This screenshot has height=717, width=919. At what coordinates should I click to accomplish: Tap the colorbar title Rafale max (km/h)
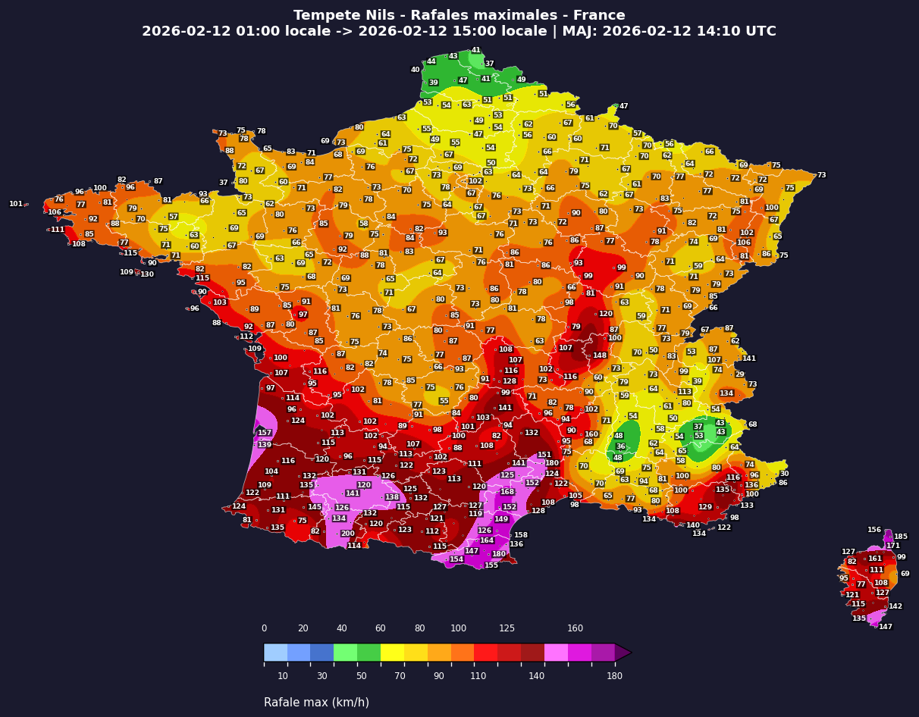tap(316, 703)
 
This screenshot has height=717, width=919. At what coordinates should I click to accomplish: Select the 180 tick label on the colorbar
tap(614, 676)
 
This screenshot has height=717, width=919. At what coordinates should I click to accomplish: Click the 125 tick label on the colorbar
tap(507, 628)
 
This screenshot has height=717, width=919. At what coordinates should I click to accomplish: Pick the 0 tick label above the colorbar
tap(264, 628)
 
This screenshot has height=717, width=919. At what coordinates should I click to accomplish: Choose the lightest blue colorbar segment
tap(275, 652)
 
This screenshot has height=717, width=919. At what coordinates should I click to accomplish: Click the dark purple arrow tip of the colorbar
tap(623, 652)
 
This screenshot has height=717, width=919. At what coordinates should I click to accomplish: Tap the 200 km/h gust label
tap(347, 534)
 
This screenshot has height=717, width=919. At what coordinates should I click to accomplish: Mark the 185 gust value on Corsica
tap(901, 537)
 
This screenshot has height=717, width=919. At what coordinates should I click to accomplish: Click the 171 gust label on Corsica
tap(893, 546)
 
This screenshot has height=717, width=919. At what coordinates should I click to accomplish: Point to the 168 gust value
tap(507, 492)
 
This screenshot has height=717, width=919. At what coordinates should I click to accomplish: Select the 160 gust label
tap(591, 434)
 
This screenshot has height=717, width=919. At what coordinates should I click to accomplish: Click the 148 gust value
tap(600, 355)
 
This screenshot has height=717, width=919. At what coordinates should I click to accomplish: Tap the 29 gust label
tap(739, 374)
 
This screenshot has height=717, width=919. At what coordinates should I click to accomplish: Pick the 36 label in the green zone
tap(620, 446)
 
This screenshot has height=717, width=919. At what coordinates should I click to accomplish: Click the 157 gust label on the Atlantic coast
tap(265, 433)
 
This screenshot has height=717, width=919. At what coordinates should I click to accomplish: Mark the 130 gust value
tap(147, 274)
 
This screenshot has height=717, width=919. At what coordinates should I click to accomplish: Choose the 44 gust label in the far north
tap(431, 61)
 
